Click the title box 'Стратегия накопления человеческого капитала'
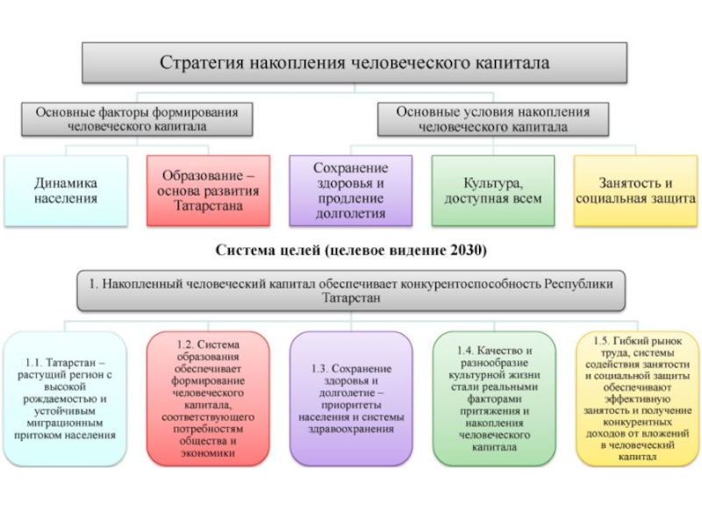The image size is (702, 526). coord(355,63)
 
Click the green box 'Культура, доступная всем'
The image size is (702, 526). coord(493,191)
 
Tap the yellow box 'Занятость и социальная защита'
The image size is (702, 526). coord(635,191)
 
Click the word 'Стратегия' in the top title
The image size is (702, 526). coord(202,63)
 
